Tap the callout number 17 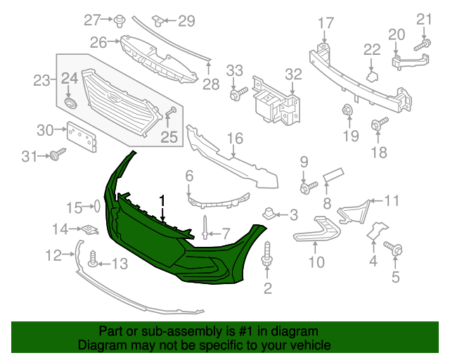[x=325, y=23]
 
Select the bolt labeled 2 [x=267, y=255]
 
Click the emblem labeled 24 [x=69, y=103]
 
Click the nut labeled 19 [x=346, y=110]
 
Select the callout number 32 [x=292, y=74]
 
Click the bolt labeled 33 [x=238, y=91]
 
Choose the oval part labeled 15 [x=96, y=207]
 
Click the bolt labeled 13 [x=92, y=263]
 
